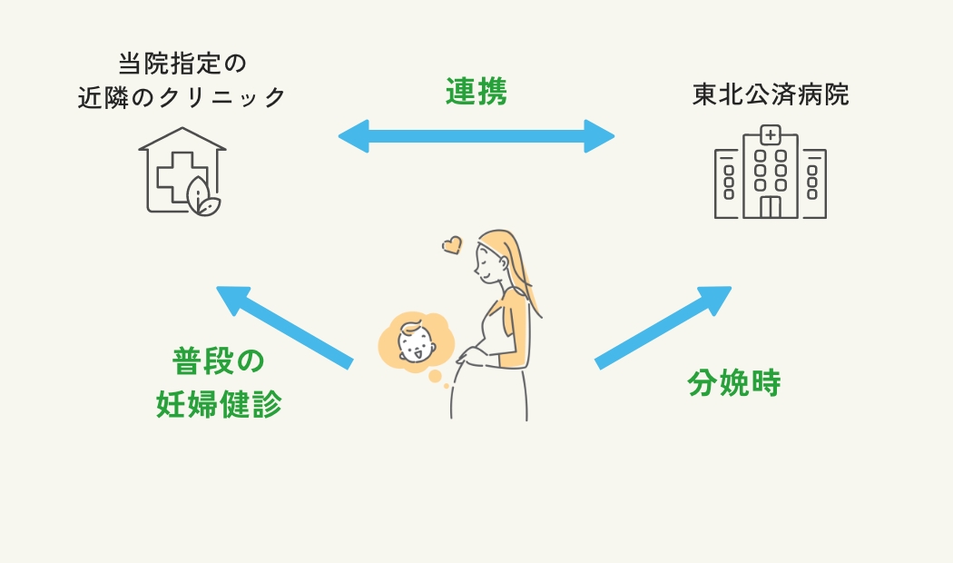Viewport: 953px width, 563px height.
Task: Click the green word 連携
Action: [x=476, y=92]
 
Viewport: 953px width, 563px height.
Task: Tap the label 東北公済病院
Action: [x=771, y=95]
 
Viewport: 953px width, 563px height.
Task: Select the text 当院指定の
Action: [x=182, y=64]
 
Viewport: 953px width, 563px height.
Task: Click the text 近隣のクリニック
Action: [x=182, y=97]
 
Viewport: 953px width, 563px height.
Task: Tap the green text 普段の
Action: [x=219, y=361]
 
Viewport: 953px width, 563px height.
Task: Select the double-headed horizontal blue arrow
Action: [x=476, y=136]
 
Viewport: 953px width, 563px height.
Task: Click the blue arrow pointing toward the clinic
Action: [x=283, y=326]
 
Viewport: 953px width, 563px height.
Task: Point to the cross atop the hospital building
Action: [x=771, y=135]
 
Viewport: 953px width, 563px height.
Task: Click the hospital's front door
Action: [x=771, y=206]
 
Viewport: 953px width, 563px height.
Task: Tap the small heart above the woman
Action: [x=452, y=244]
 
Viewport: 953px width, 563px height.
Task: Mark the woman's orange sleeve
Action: [x=517, y=327]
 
